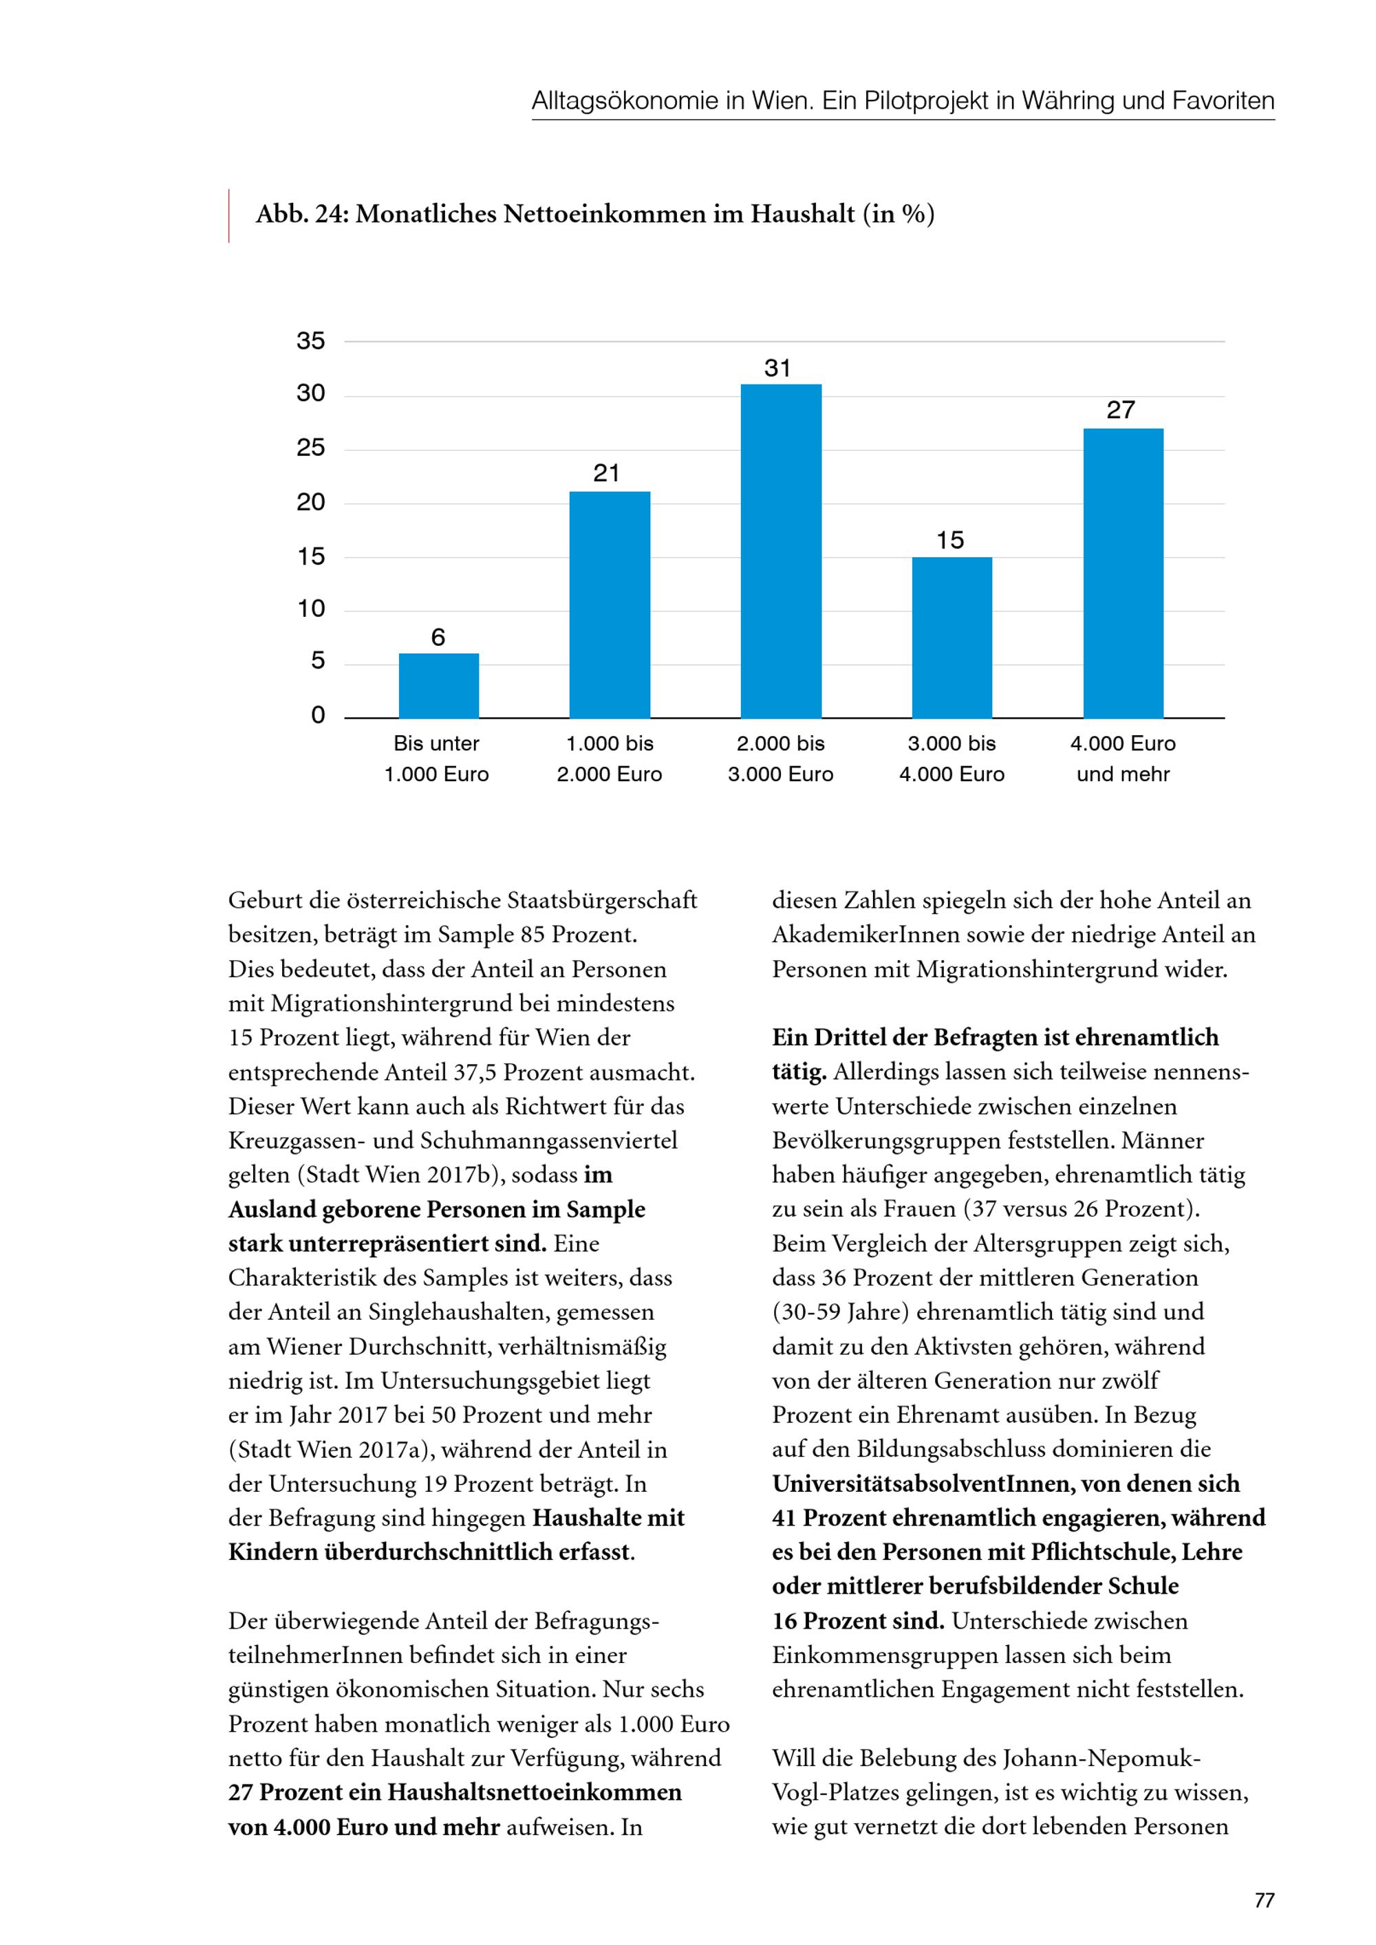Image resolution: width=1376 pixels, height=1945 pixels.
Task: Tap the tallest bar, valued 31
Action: point(780,552)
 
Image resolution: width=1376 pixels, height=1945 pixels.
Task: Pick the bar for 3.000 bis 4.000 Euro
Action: point(952,637)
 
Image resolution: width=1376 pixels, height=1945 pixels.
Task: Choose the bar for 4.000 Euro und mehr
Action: point(1123,574)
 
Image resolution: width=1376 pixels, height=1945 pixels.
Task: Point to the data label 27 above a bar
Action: point(1120,410)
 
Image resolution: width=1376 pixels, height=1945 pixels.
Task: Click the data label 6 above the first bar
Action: point(438,637)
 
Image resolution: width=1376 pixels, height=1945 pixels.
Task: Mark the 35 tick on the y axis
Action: point(311,340)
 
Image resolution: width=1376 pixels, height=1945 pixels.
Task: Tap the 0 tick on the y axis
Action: point(318,715)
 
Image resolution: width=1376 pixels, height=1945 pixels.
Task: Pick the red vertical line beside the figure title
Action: point(229,216)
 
